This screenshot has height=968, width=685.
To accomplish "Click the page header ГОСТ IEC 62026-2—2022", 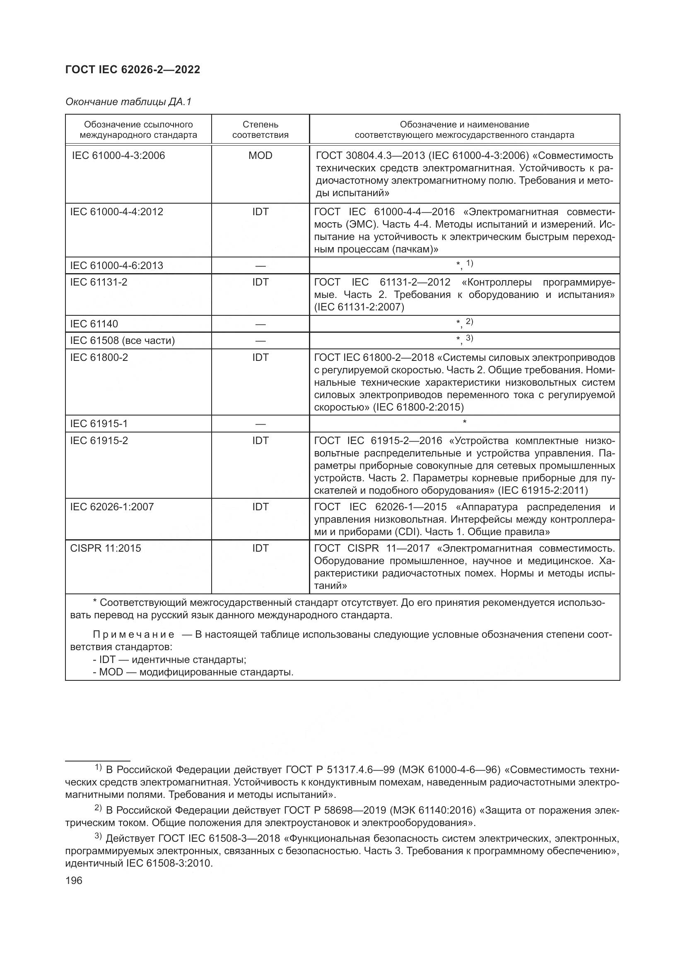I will [133, 70].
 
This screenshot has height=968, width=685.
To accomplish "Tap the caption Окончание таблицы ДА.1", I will [128, 102].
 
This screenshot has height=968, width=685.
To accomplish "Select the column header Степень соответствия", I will [260, 130].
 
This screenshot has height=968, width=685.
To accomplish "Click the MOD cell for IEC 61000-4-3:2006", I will [260, 156].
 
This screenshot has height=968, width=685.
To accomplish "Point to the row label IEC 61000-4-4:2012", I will [116, 211].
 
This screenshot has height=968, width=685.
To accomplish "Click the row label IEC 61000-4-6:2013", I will [116, 266].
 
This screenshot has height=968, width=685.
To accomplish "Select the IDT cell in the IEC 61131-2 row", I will [260, 282].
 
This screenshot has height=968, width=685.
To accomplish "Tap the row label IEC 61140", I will [94, 324].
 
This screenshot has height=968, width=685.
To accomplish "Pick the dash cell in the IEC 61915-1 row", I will [260, 424].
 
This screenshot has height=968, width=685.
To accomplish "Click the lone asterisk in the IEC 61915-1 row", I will [464, 422].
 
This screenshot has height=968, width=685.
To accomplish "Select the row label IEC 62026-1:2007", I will [112, 507].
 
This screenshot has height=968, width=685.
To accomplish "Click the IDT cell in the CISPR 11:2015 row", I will [260, 548].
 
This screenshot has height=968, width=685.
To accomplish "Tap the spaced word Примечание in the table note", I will [133, 635].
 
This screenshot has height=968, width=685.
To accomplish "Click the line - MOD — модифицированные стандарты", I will [193, 672].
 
